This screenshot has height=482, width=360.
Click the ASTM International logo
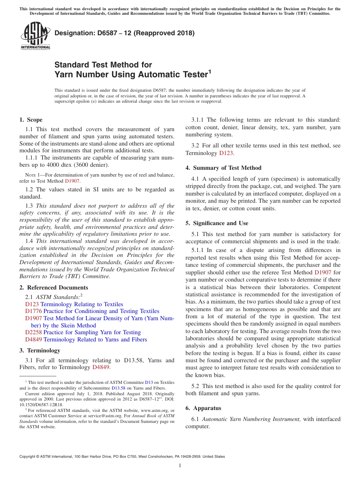click(x=35, y=36)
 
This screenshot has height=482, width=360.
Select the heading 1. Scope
click(x=31, y=120)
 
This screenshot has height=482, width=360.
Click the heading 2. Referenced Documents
click(x=53, y=288)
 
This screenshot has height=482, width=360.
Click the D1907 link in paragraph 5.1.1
click(x=322, y=272)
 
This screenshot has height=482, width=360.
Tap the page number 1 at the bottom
click(x=180, y=465)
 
